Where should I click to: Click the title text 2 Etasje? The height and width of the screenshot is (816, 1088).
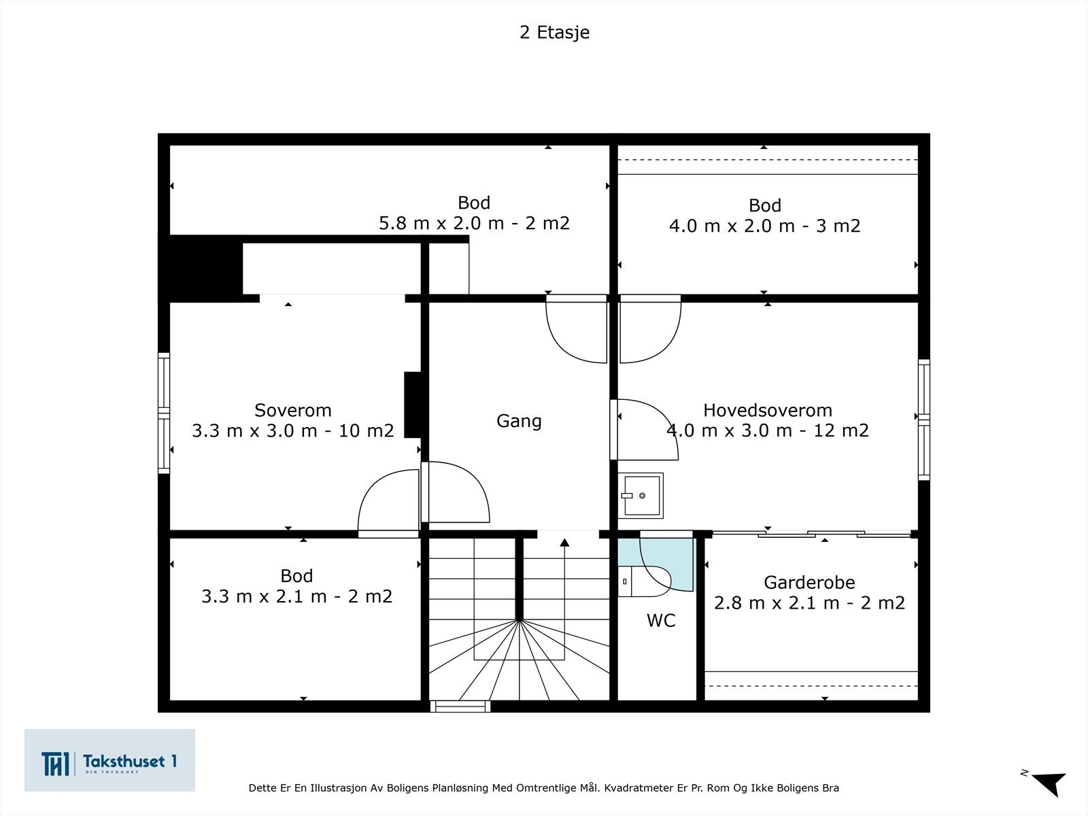point(554,33)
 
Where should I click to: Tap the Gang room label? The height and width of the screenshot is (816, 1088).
point(519,421)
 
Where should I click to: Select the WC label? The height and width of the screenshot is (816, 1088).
point(661,620)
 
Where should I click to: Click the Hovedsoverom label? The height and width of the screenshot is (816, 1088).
point(767,410)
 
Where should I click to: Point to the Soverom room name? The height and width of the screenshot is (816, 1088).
point(293,410)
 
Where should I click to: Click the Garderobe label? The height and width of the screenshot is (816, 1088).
point(809,582)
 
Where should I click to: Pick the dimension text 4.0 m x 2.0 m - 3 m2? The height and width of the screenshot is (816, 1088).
point(764,226)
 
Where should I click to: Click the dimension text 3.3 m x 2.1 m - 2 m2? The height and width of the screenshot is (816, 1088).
point(296,596)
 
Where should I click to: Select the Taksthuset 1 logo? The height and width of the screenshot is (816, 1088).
point(109,760)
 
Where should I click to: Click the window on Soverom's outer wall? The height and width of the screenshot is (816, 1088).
point(164,413)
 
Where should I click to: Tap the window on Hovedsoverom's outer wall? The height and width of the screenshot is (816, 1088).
point(923,420)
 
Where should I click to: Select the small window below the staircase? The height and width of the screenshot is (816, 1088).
point(461,707)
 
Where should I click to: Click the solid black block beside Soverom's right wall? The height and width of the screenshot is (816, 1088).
point(413,405)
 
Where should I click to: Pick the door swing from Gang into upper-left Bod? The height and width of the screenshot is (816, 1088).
point(577,330)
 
